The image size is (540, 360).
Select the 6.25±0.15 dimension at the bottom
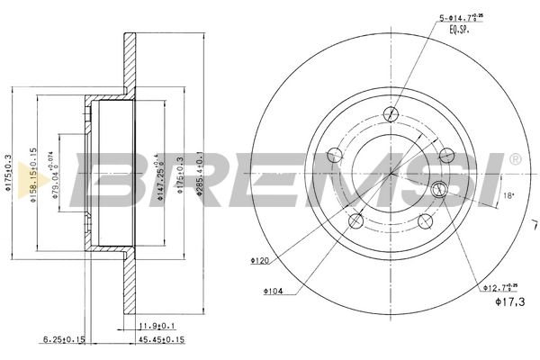click(x=62, y=340)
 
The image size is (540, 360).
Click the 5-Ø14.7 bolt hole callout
click(x=464, y=17)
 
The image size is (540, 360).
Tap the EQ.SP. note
click(x=460, y=31)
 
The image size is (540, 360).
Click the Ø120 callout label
click(x=261, y=261)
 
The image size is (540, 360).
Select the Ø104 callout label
click(x=274, y=291)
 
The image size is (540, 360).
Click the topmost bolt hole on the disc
click(x=391, y=114)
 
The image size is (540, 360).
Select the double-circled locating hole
click(x=440, y=189)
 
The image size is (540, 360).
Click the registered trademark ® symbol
click(x=514, y=159)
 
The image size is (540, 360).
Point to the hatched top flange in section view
click(x=128, y=63)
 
